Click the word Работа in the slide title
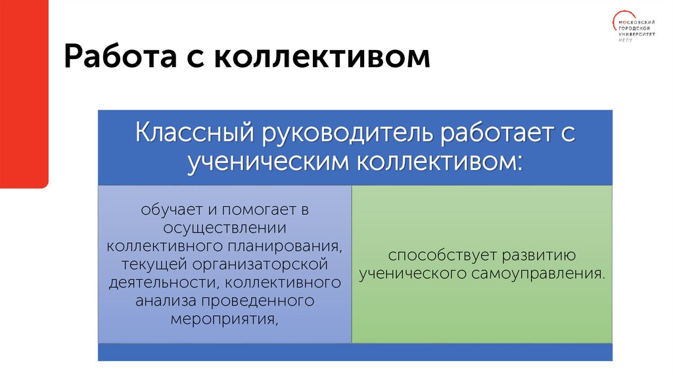click(x=112, y=58)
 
